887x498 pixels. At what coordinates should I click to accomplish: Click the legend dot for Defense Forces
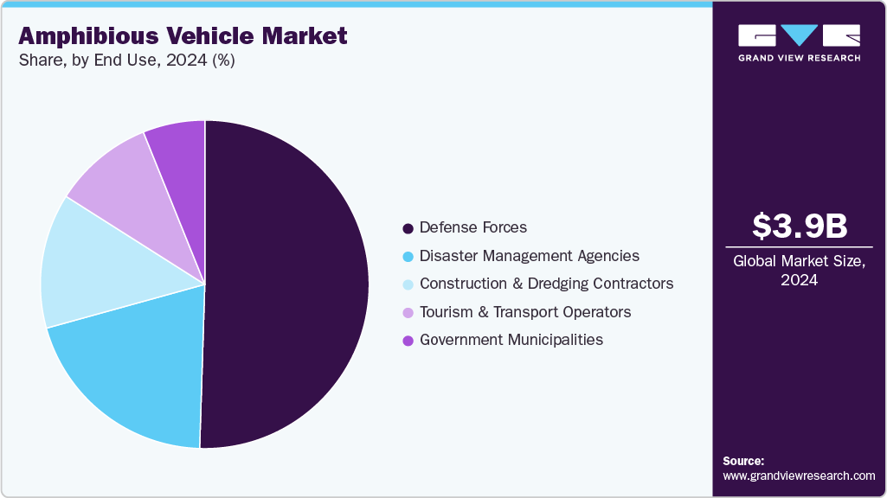click(407, 228)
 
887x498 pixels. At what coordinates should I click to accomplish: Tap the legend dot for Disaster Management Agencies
click(407, 257)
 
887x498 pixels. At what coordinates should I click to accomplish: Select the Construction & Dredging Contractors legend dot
click(407, 284)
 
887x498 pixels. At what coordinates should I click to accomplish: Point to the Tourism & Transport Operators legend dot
click(407, 312)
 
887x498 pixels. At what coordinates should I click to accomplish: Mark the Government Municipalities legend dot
click(407, 341)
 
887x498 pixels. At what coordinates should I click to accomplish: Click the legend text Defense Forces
click(472, 228)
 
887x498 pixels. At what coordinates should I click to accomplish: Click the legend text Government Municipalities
click(511, 340)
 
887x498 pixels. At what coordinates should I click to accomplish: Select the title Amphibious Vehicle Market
click(183, 35)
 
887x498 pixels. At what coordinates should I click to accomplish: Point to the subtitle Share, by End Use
click(125, 61)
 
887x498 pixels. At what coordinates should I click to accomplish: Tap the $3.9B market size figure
click(799, 226)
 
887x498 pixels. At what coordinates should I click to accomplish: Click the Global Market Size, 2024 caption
click(799, 271)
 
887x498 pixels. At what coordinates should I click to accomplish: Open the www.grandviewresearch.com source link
click(799, 476)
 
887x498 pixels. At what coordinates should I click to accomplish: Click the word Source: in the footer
click(743, 461)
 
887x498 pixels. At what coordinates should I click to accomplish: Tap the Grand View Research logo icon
click(799, 35)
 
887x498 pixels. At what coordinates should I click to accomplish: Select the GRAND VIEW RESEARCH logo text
click(799, 58)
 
